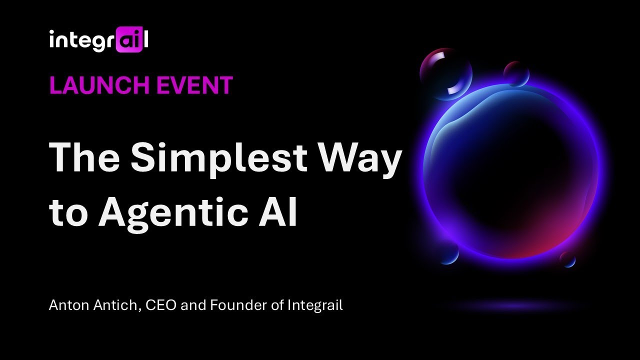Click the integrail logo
(x=98, y=40)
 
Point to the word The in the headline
(x=84, y=157)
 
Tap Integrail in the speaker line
(x=314, y=305)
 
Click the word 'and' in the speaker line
(x=192, y=305)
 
